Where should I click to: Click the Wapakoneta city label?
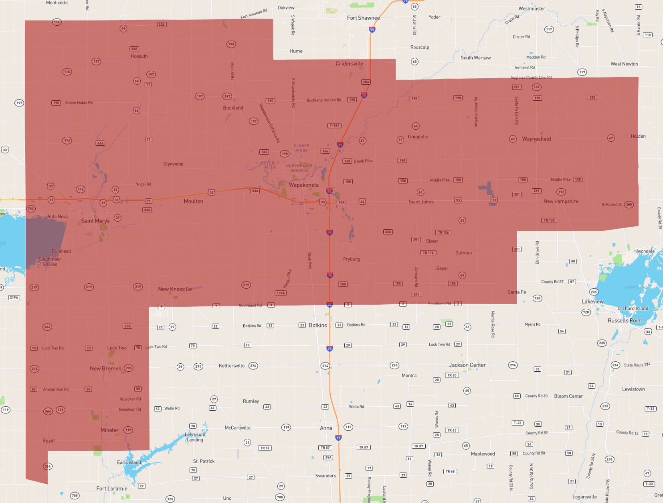(x=304, y=185)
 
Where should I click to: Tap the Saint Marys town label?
(x=95, y=221)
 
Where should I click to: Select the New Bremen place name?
(x=105, y=369)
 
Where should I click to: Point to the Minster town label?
(x=109, y=430)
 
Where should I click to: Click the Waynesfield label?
(x=536, y=139)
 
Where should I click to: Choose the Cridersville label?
(x=350, y=63)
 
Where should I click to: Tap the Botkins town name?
(x=318, y=325)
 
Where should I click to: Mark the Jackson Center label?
(x=467, y=365)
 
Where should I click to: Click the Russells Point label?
(x=625, y=320)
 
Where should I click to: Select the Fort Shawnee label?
(x=363, y=18)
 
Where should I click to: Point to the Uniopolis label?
(x=418, y=136)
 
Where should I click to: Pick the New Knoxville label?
(x=175, y=289)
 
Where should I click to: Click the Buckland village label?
(x=233, y=108)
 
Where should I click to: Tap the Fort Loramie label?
(x=112, y=489)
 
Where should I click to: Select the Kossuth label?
(x=139, y=56)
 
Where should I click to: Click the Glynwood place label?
(x=173, y=164)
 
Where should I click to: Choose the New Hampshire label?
(x=561, y=202)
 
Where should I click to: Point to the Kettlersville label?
(x=232, y=366)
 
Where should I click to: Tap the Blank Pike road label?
(x=363, y=161)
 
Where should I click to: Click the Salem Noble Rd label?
(x=79, y=103)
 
